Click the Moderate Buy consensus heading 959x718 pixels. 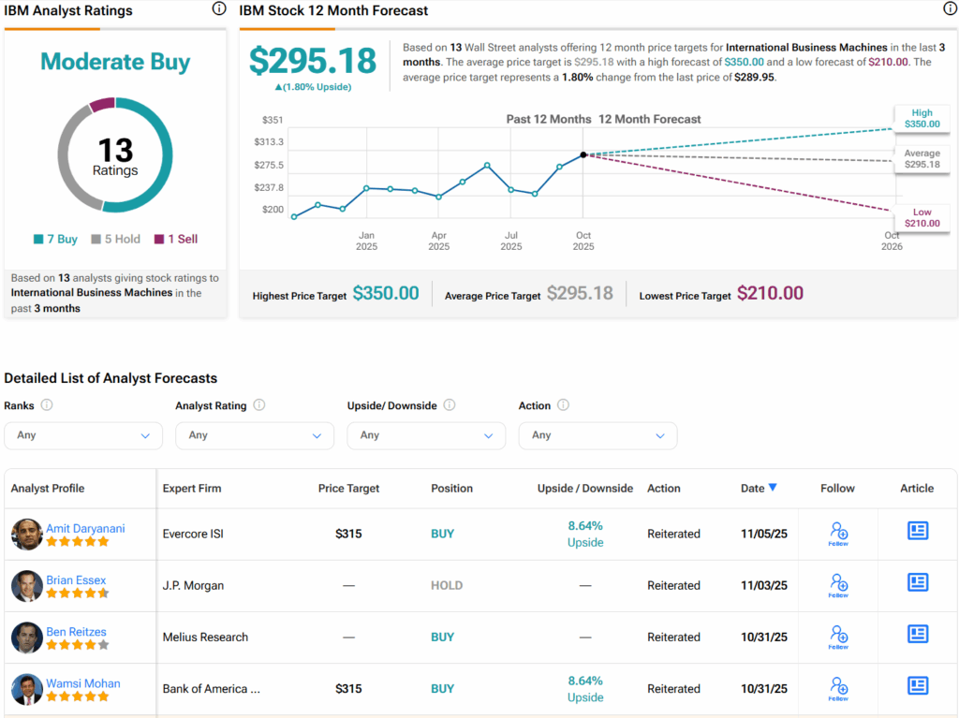[x=115, y=63]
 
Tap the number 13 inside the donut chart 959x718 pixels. [x=115, y=150]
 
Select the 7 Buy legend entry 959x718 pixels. [x=55, y=239]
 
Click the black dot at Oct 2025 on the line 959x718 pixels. [x=583, y=154]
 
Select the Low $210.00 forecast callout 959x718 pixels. [x=922, y=218]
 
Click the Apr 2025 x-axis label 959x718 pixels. [x=438, y=242]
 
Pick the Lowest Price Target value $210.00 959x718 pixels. [x=770, y=293]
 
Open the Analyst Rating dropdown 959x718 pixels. [x=254, y=435]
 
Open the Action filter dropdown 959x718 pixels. [x=598, y=435]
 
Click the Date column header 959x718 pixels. [x=758, y=488]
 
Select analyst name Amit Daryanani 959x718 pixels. [x=85, y=528]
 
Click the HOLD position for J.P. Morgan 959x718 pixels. [x=447, y=585]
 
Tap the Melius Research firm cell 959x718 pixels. [x=205, y=637]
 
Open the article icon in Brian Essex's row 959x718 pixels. [x=918, y=583]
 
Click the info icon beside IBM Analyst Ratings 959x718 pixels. [x=219, y=9]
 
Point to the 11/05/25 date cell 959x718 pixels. [x=764, y=534]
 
